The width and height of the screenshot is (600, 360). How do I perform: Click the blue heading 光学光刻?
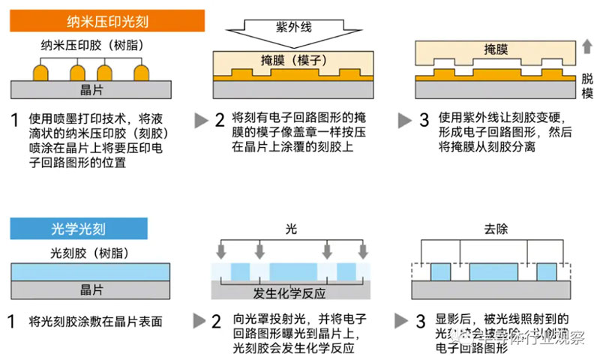79,227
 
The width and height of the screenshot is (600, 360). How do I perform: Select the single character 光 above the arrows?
291,228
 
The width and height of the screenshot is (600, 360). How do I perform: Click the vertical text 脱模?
587,85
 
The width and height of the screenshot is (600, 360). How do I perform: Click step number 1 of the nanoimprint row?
14,119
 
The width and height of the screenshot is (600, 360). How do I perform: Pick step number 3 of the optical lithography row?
423,321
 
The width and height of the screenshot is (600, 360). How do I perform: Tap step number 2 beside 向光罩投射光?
219,321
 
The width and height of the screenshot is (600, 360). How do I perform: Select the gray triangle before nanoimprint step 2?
200,120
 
